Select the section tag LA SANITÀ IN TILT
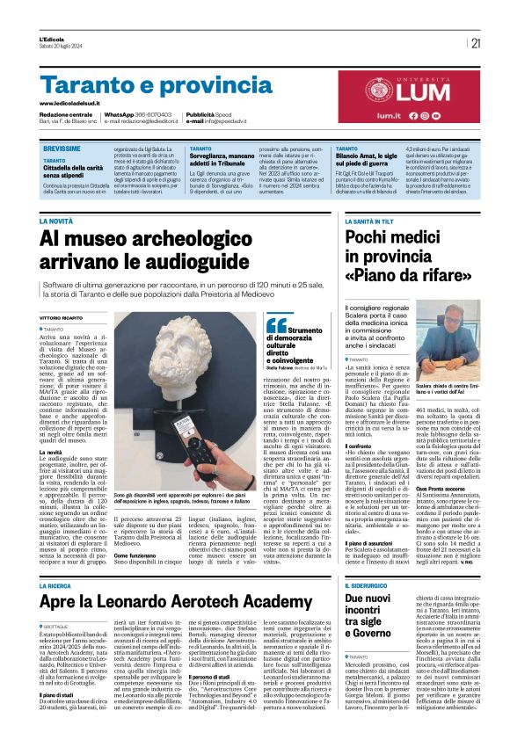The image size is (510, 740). tap(370, 221)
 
